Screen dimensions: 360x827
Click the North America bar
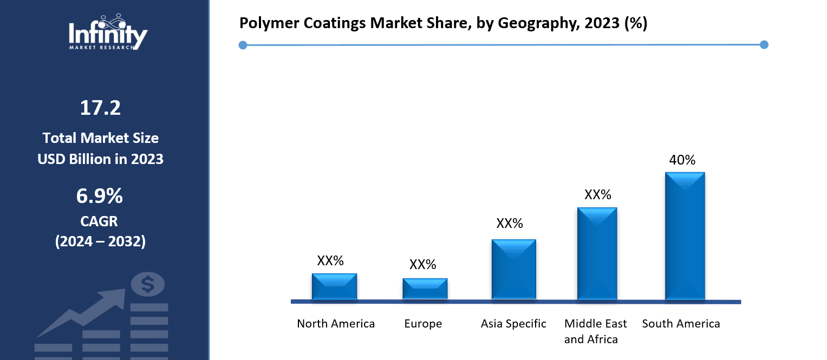coord(334,286)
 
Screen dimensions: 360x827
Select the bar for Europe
coord(425,289)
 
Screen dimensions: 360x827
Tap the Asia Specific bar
coord(513,269)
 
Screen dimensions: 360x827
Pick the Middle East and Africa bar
coord(597,253)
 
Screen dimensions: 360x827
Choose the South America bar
coord(685,236)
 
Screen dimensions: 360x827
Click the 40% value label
coord(682,160)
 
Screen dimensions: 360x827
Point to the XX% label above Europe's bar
coord(422,265)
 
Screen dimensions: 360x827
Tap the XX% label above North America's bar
coord(330,260)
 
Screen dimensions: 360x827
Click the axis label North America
coord(336,324)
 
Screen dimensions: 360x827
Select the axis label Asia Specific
coord(513,324)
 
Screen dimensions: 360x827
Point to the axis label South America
coord(681,324)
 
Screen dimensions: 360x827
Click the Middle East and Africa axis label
coord(595,331)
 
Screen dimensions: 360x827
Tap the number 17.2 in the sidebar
coord(100,108)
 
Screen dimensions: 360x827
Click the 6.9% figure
coord(100,197)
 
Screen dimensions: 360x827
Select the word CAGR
coord(100,221)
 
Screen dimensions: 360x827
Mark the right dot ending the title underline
coord(764,44)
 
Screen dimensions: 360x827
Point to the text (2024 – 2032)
coord(100,241)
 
